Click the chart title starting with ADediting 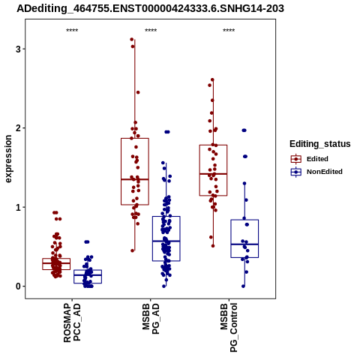pyautogui.click(x=150, y=8)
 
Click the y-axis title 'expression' pyautogui.click(x=8, y=159)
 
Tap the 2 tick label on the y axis pyautogui.click(x=18, y=128)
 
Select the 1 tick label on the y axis pyautogui.click(x=18, y=207)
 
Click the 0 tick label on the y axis pyautogui.click(x=18, y=286)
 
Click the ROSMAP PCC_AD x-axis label pyautogui.click(x=72, y=322)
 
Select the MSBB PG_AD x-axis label pyautogui.click(x=151, y=319)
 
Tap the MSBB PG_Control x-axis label pyautogui.click(x=229, y=328)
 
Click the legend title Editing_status pyautogui.click(x=320, y=144)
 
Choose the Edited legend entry pyautogui.click(x=309, y=159)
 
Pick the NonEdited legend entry pyautogui.click(x=316, y=172)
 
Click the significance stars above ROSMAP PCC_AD pyautogui.click(x=72, y=31)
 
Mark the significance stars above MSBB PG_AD pyautogui.click(x=151, y=31)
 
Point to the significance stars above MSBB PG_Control pyautogui.click(x=229, y=31)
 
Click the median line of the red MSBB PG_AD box pyautogui.click(x=135, y=179)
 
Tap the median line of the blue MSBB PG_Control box pyautogui.click(x=244, y=244)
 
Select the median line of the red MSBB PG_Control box pyautogui.click(x=213, y=174)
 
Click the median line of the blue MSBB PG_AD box pyautogui.click(x=166, y=241)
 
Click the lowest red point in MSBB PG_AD pyautogui.click(x=133, y=250)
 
